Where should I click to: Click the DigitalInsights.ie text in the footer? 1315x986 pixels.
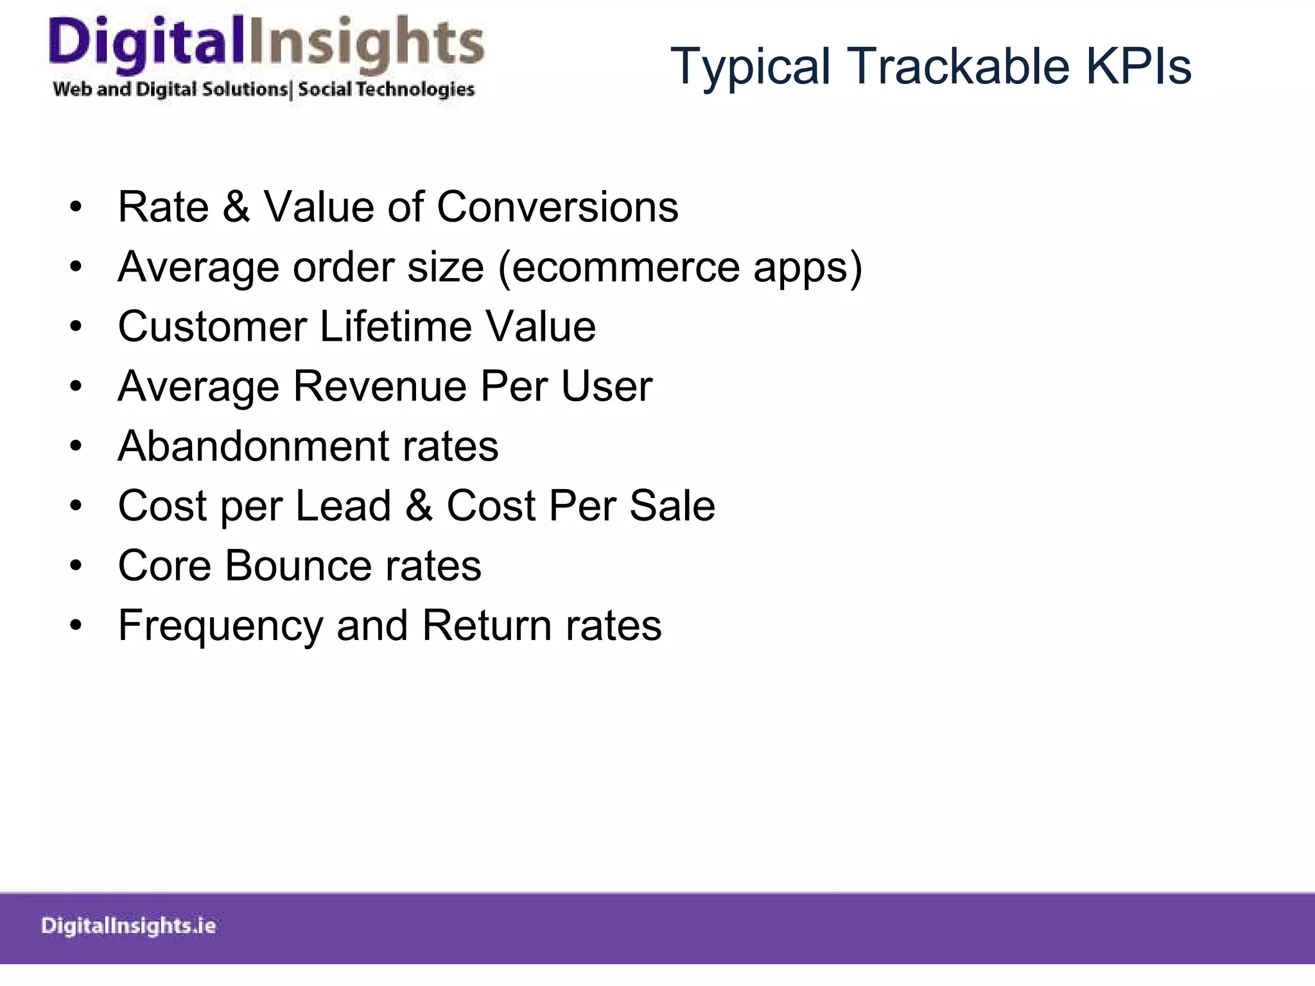[128, 926]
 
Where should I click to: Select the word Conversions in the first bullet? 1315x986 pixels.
[557, 207]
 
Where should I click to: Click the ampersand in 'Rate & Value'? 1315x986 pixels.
[236, 207]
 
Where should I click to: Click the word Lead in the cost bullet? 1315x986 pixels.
[343, 506]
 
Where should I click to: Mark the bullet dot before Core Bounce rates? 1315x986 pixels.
[76, 566]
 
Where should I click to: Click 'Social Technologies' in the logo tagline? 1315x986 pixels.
[386, 89]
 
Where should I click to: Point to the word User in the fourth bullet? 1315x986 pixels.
[606, 386]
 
